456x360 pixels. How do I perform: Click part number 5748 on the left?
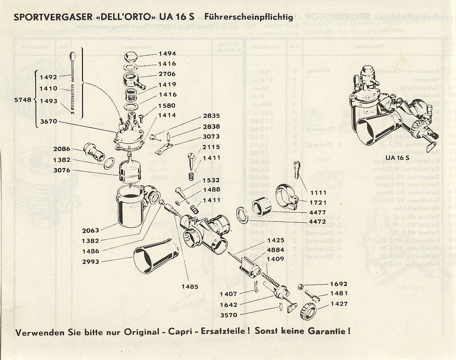[x=23, y=100]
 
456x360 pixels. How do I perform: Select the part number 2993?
[x=91, y=262]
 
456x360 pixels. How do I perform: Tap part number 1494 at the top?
[x=167, y=53]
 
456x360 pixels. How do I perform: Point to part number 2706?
[x=167, y=74]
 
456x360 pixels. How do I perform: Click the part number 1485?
[x=190, y=287]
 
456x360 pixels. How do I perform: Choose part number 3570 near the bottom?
[x=229, y=315]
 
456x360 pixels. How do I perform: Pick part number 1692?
[x=338, y=284]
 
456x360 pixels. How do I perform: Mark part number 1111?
[x=319, y=193]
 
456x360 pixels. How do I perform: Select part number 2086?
[x=61, y=149]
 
